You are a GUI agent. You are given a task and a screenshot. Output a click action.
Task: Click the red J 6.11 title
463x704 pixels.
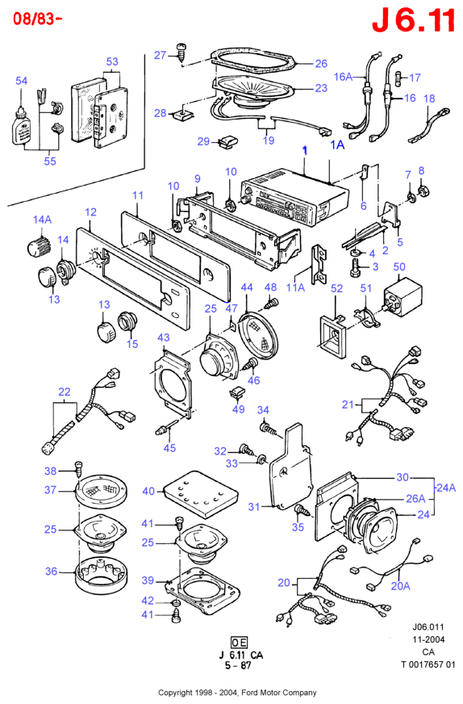pyautogui.click(x=413, y=20)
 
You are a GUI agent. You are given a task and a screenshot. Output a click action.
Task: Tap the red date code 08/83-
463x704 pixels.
pyautogui.click(x=37, y=19)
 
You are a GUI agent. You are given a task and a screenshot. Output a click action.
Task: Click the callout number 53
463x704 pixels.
pyautogui.click(x=112, y=61)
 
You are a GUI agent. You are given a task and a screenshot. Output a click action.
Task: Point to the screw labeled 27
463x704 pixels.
pyautogui.click(x=181, y=52)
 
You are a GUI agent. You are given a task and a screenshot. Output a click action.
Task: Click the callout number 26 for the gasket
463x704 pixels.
pyautogui.click(x=321, y=64)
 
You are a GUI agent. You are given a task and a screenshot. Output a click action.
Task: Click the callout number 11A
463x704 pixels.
pyautogui.click(x=295, y=287)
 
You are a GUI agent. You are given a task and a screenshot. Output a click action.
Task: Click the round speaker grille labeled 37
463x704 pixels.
pyautogui.click(x=101, y=491)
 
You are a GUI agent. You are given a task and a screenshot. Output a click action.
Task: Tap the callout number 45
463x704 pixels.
pyautogui.click(x=169, y=447)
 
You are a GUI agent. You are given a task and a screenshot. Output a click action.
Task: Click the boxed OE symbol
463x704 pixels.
pyautogui.click(x=239, y=642)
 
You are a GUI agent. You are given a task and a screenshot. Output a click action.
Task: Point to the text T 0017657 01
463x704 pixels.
pyautogui.click(x=428, y=664)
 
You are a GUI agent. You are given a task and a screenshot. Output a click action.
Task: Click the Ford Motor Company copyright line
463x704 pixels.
pyautogui.click(x=237, y=693)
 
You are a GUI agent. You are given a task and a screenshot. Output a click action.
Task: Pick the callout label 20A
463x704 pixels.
pyautogui.click(x=401, y=585)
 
